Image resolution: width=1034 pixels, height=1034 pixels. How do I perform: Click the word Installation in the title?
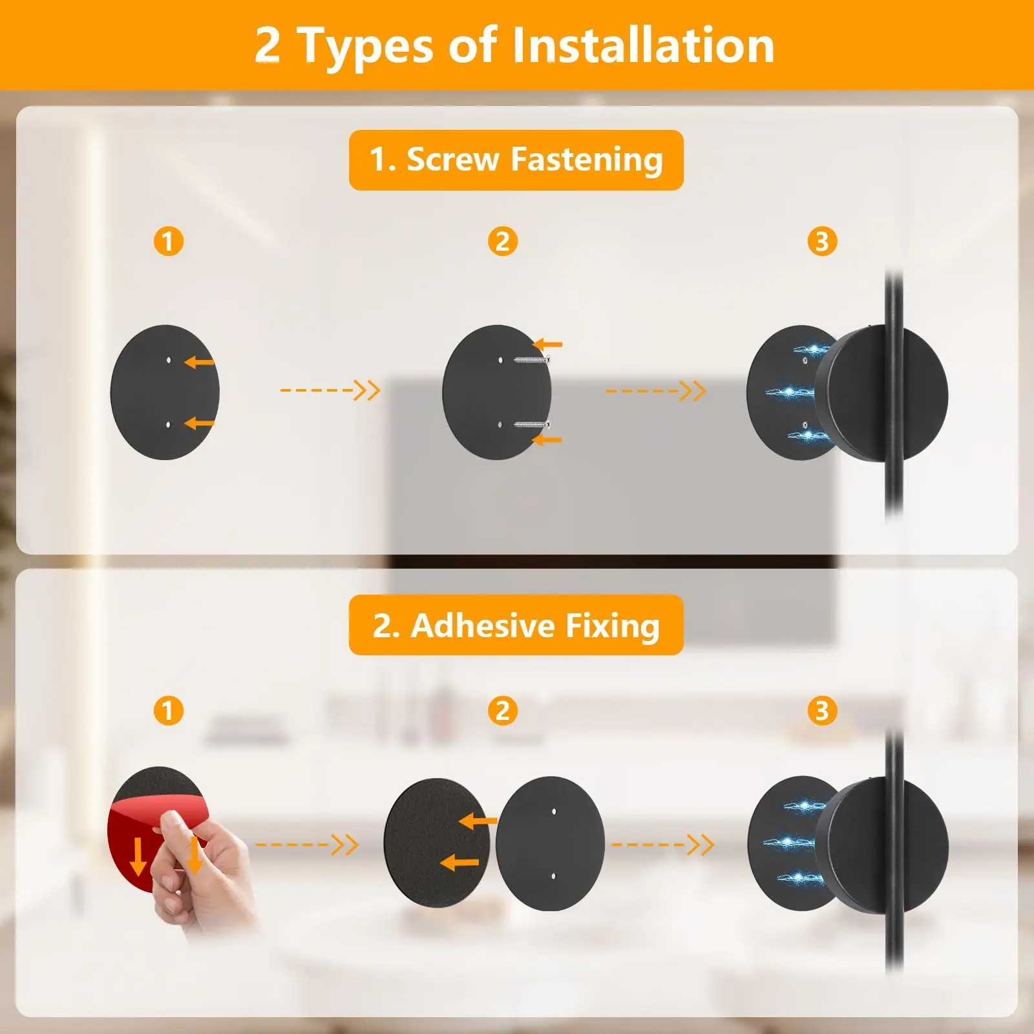[x=643, y=45]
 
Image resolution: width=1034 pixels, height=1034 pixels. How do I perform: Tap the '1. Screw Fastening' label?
[x=516, y=160]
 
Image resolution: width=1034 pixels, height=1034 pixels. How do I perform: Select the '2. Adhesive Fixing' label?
[x=516, y=625]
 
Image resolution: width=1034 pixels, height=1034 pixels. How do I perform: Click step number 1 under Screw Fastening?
[x=168, y=242]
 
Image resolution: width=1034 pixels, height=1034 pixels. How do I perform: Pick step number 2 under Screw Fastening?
[x=503, y=242]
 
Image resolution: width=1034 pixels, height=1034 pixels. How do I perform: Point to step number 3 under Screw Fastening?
[x=822, y=242]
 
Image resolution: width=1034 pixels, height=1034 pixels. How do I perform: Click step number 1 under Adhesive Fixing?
[x=168, y=710]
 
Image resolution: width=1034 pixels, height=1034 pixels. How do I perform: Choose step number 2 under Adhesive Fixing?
[x=503, y=710]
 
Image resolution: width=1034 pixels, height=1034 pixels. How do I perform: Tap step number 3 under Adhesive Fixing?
[x=822, y=710]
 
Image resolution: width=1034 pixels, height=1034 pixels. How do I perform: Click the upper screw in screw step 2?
[x=532, y=359]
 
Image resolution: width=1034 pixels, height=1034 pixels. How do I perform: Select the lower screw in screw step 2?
[x=532, y=425]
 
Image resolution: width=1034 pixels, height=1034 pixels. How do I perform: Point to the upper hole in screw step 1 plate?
[x=169, y=360]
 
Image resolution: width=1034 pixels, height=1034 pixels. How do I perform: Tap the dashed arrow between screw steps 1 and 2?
[x=330, y=390]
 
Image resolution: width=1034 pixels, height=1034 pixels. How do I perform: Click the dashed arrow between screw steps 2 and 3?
[x=655, y=390]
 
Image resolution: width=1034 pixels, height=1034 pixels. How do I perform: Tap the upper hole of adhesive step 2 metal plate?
[x=554, y=810]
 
